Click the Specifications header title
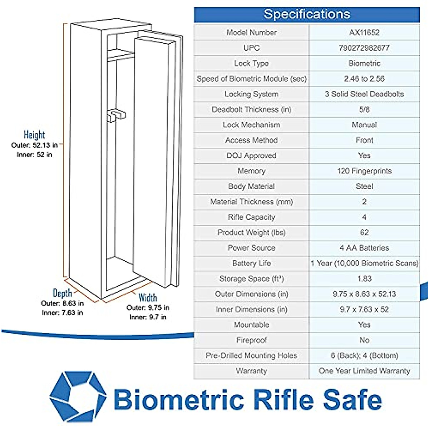pos(307,14)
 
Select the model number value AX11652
pos(364,33)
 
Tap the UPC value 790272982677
pos(364,48)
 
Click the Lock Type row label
pos(251,63)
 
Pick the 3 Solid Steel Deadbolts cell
pos(364,94)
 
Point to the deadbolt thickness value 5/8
pos(364,109)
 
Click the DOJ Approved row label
pos(251,156)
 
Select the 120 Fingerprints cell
pos(364,171)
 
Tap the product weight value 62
pos(364,232)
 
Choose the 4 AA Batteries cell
pos(364,248)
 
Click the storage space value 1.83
pos(364,278)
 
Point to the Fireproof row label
pos(251,340)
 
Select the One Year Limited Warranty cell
pos(364,371)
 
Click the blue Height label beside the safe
pos(35,135)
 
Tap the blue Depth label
pos(62,293)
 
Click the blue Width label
pos(148,298)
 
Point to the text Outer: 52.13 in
pos(35,146)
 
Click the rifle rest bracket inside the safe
pos(117,115)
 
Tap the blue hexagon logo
pos(78,397)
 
